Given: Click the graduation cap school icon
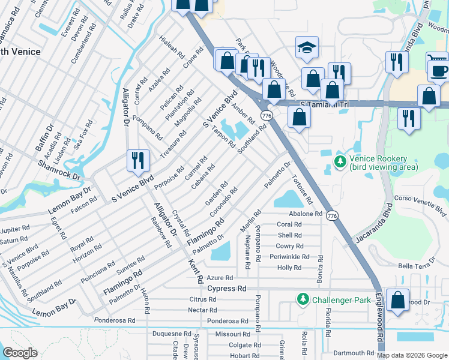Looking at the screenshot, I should [307, 48].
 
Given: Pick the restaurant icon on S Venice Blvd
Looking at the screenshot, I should [138, 160].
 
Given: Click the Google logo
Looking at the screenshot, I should [19, 353].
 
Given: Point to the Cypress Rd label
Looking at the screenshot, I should [227, 289].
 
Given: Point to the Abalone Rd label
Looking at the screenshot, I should [306, 214].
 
